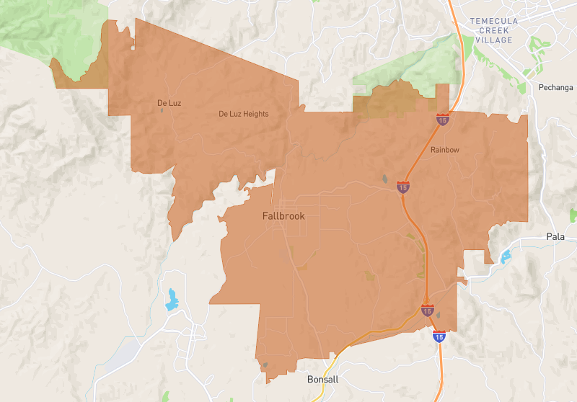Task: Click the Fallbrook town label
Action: (283, 216)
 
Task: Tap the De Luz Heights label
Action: (244, 114)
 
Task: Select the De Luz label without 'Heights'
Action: (169, 103)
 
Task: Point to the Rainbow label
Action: (445, 150)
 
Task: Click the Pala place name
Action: (555, 237)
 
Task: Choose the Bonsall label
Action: (322, 380)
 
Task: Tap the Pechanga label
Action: (556, 88)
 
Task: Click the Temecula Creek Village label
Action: (494, 31)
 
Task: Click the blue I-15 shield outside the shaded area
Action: (439, 336)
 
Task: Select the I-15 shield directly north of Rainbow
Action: (442, 119)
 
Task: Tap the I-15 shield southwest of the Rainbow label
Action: (404, 187)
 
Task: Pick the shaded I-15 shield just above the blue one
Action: (428, 311)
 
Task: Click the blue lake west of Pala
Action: (505, 256)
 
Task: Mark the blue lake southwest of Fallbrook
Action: (172, 300)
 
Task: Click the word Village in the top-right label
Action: (494, 40)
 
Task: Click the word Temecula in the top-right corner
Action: (494, 22)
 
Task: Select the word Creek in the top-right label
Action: (494, 31)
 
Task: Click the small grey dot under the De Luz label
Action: (162, 111)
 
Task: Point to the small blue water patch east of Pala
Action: (573, 215)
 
